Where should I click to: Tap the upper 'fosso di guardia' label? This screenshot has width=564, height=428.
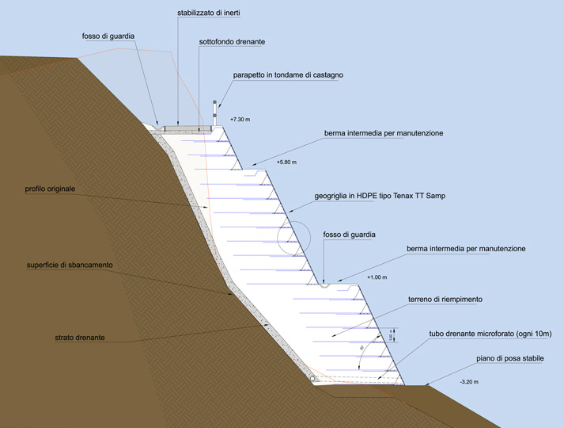110,36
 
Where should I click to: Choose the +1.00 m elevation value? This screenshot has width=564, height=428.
376,277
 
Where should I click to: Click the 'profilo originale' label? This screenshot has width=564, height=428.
54,190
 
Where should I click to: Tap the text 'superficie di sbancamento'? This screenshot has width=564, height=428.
69,265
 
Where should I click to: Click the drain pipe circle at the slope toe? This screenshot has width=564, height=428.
314,379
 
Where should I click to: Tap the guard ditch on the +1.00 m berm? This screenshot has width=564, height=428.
325,284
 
